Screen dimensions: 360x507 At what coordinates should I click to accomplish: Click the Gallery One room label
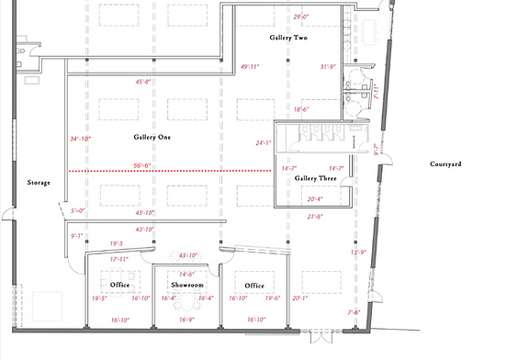[x=153, y=138]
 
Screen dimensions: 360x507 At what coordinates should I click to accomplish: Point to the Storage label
[x=38, y=183]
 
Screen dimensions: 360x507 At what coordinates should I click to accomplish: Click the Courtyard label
[x=445, y=164]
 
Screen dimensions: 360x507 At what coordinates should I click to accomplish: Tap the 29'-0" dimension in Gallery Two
[x=301, y=17]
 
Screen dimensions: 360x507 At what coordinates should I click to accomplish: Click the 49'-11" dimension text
[x=251, y=67]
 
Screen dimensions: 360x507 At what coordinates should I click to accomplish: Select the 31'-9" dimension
[x=330, y=67]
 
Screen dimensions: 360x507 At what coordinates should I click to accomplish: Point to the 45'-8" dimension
[x=143, y=82]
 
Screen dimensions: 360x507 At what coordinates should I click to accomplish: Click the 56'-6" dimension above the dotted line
[x=142, y=165]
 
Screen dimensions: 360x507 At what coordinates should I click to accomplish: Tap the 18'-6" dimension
[x=301, y=109]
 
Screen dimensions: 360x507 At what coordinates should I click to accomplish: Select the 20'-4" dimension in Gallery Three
[x=315, y=198]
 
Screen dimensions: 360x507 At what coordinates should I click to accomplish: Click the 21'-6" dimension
[x=315, y=217]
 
